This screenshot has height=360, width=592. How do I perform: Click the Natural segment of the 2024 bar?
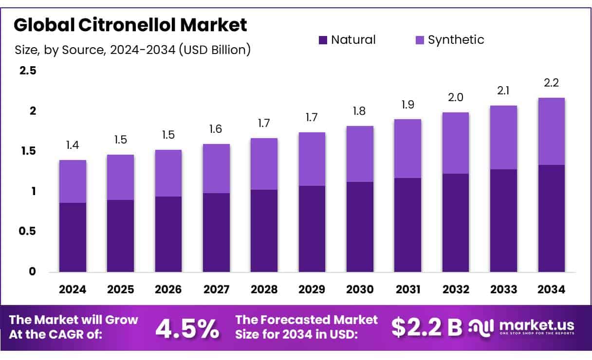coord(73,237)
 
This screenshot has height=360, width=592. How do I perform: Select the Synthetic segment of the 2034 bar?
coord(551,131)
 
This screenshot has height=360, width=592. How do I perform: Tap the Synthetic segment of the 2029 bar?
coord(312,159)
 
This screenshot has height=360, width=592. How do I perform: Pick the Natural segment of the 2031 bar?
coord(407,225)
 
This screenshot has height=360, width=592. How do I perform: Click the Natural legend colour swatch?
coord(323,40)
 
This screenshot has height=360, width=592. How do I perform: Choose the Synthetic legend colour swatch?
coord(420,40)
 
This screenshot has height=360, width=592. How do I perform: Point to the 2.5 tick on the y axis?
coord(28,71)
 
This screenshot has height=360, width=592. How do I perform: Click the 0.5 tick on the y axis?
coord(28,232)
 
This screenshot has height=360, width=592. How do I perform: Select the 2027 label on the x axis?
coord(216,289)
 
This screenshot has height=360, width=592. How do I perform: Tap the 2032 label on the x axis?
coord(456,289)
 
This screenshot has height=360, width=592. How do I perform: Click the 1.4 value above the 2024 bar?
coord(73,145)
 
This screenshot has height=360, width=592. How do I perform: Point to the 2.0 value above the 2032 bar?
coord(456,97)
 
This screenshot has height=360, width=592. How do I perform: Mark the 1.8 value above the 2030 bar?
coord(360,111)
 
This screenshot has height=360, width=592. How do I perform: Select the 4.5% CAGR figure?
coord(187,329)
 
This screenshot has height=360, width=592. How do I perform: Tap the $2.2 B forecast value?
coord(426,328)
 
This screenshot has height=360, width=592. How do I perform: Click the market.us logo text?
coord(536,325)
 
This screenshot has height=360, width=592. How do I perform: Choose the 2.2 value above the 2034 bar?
coord(551,83)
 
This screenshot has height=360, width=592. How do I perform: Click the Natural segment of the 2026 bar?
coord(168,234)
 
